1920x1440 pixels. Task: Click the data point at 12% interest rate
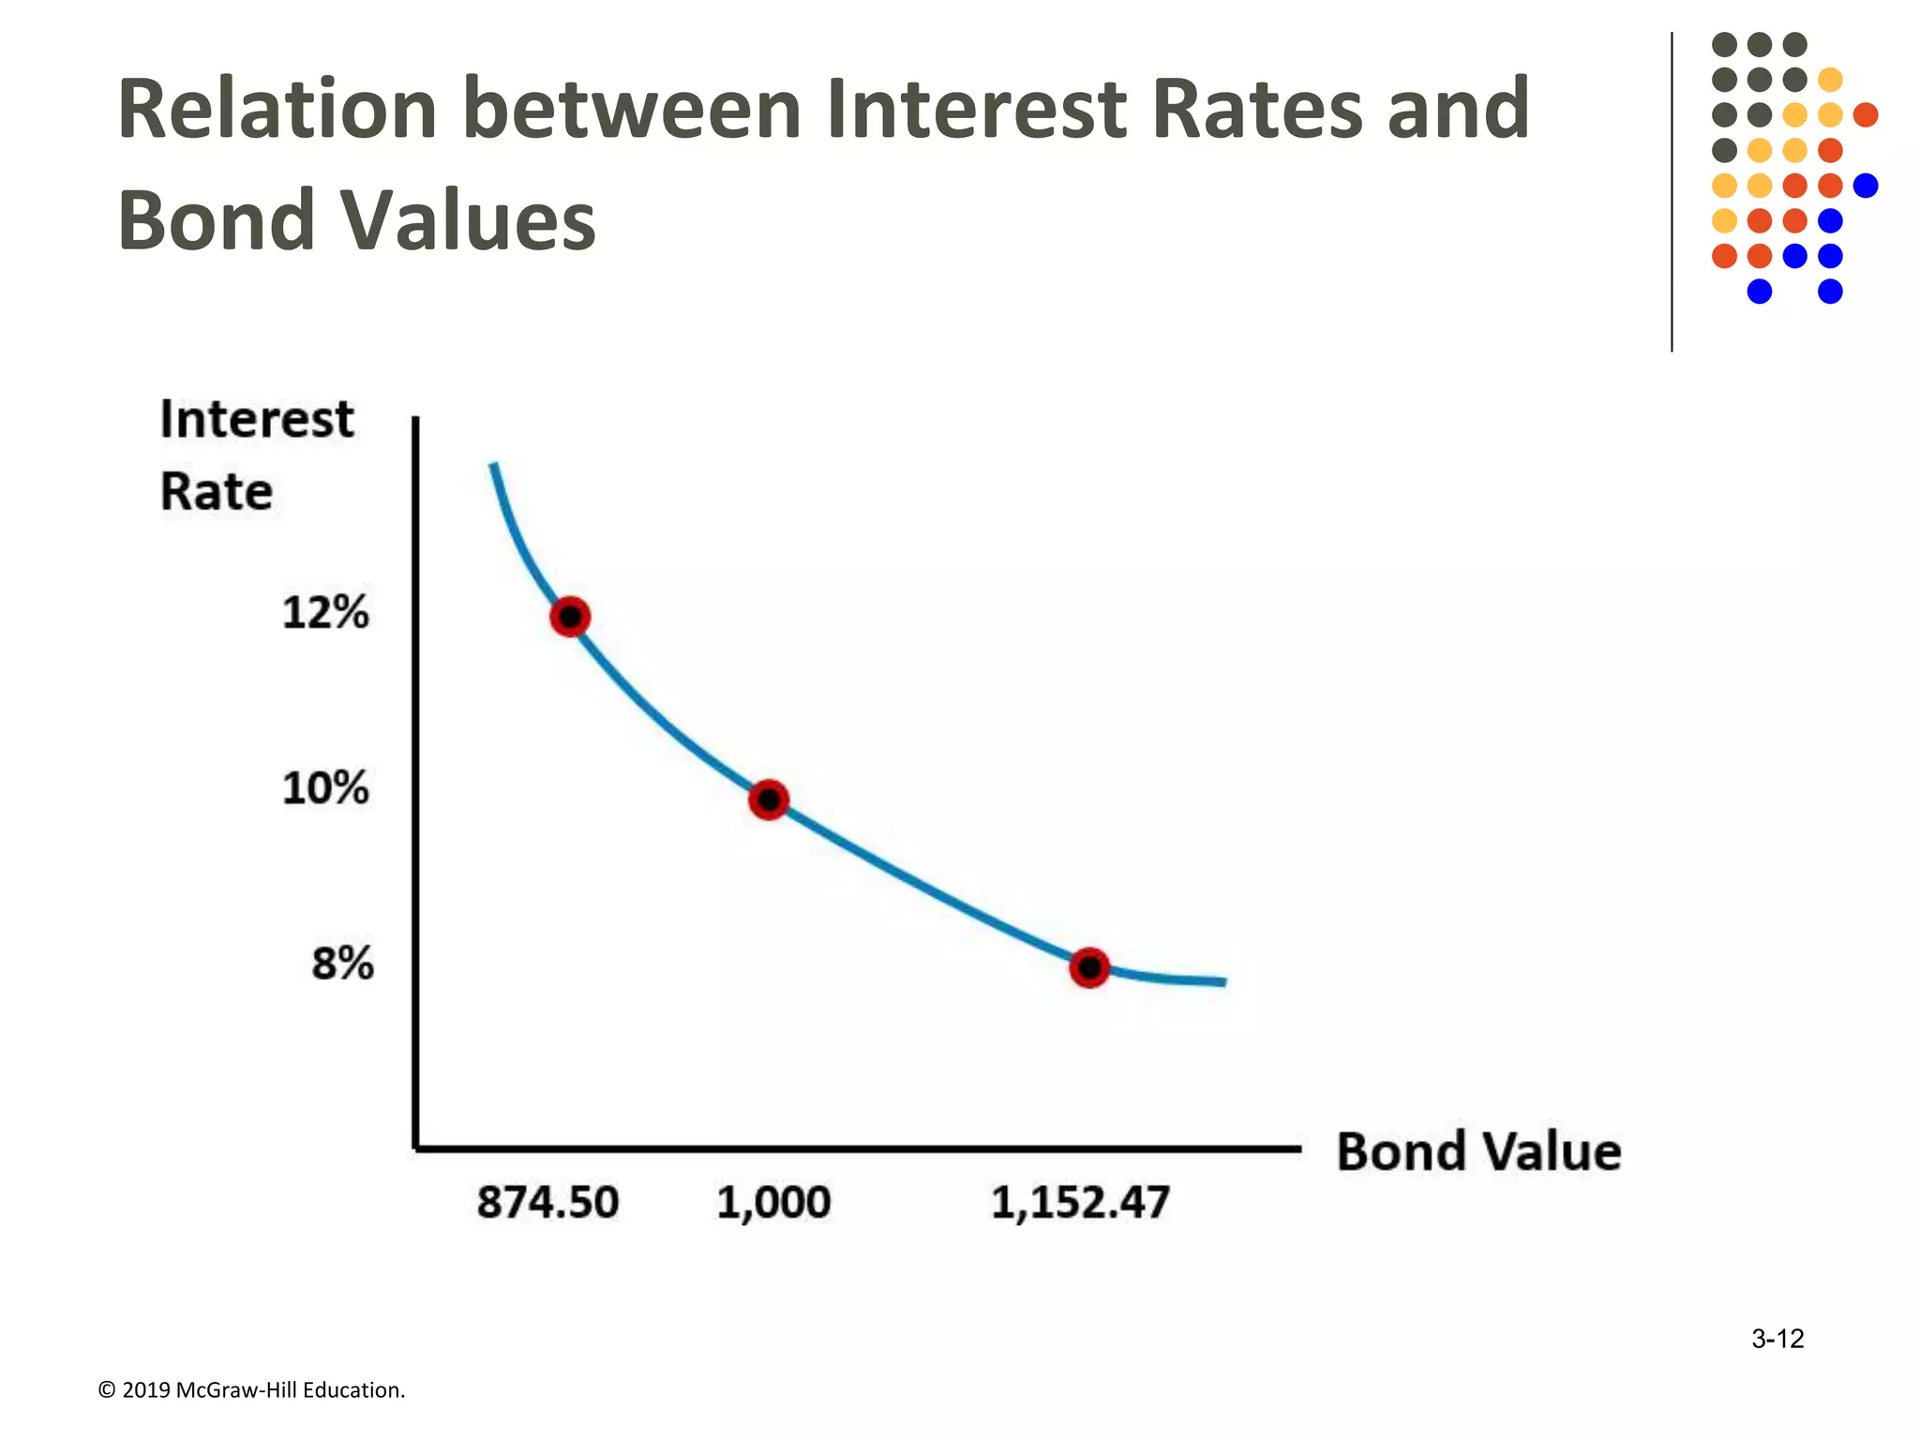[x=570, y=617]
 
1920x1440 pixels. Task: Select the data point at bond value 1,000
[x=769, y=800]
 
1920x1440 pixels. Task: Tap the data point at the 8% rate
[x=1089, y=967]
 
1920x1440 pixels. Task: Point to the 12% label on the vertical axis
[x=325, y=613]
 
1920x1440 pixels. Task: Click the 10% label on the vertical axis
[x=325, y=788]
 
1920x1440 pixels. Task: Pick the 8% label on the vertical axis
[x=342, y=964]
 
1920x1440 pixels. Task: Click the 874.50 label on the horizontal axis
[x=547, y=1203]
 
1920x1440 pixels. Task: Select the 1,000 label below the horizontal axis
[x=773, y=1203]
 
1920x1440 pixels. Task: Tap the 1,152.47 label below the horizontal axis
[x=1080, y=1203]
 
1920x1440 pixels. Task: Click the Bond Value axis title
[x=1478, y=1152]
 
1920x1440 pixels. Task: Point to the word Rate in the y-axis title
[x=217, y=491]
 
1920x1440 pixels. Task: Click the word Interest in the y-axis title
[x=257, y=419]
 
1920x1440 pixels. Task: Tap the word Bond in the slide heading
[x=217, y=220]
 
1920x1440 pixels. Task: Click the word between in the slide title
[x=632, y=110]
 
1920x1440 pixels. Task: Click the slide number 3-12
[x=1777, y=1339]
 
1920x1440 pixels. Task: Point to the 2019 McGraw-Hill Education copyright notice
[x=251, y=1390]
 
